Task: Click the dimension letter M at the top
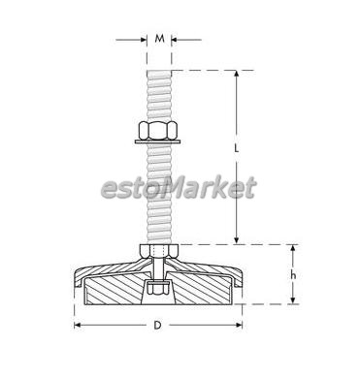pyautogui.click(x=159, y=39)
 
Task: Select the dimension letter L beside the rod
pyautogui.click(x=237, y=148)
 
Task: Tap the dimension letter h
pyautogui.click(x=293, y=275)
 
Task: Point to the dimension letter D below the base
pyautogui.click(x=157, y=325)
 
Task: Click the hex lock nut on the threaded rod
pyautogui.click(x=158, y=130)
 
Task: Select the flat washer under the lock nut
pyautogui.click(x=157, y=141)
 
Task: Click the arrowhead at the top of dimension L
pyautogui.click(x=237, y=74)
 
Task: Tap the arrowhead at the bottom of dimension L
pyautogui.click(x=237, y=240)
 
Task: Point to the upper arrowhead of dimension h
pyautogui.click(x=293, y=248)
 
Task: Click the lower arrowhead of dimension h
pyautogui.click(x=293, y=300)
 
